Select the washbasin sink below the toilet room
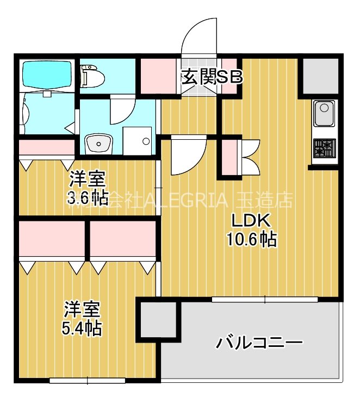point(98,144)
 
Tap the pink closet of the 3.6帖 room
point(46,147)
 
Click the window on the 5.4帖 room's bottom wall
point(88,381)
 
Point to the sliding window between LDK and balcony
point(265,299)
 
